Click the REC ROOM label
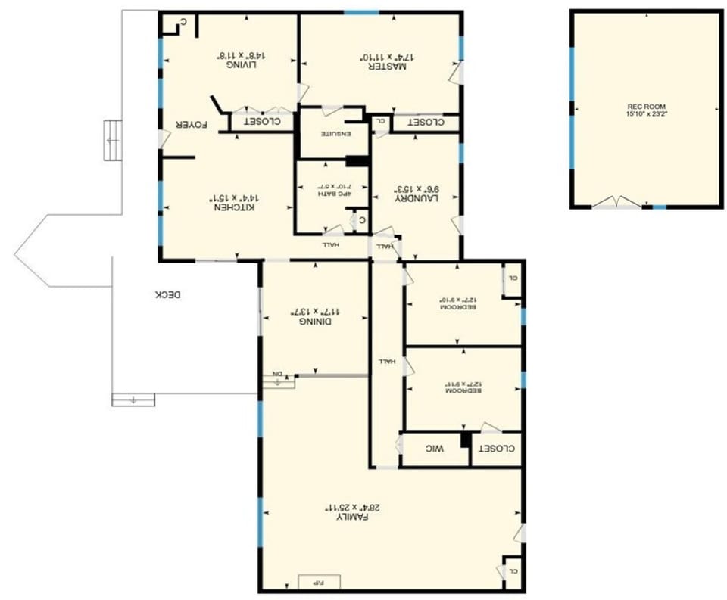pyautogui.click(x=646, y=107)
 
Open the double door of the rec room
pyautogui.click(x=618, y=203)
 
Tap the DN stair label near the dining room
pyautogui.click(x=278, y=374)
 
